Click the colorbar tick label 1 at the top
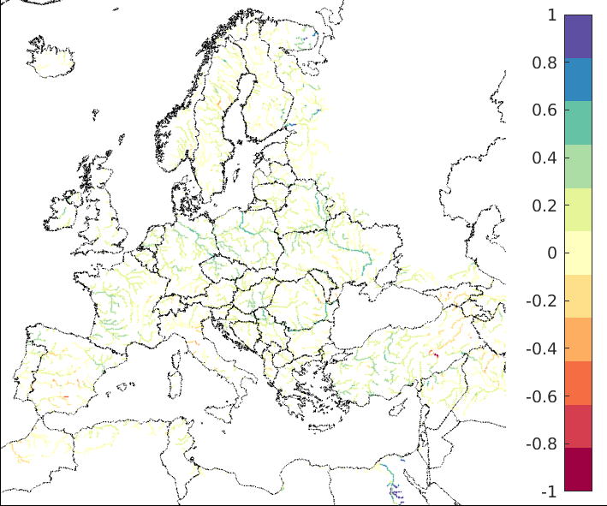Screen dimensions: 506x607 [x=551, y=15]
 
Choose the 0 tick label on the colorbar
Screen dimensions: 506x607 [x=551, y=253]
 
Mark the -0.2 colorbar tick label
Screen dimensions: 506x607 [x=544, y=301]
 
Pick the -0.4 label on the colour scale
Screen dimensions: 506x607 [x=544, y=348]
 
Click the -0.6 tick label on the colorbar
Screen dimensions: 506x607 [x=544, y=396]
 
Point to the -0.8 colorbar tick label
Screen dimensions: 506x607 [x=544, y=444]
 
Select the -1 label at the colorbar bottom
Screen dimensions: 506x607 [x=549, y=492]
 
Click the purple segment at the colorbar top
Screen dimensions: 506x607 [x=578, y=36]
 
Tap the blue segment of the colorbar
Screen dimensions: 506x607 [x=578, y=80]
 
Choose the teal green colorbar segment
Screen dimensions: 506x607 [x=578, y=122]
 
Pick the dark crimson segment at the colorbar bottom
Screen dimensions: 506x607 [x=578, y=469]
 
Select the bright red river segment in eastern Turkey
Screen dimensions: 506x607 [x=435, y=354]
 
